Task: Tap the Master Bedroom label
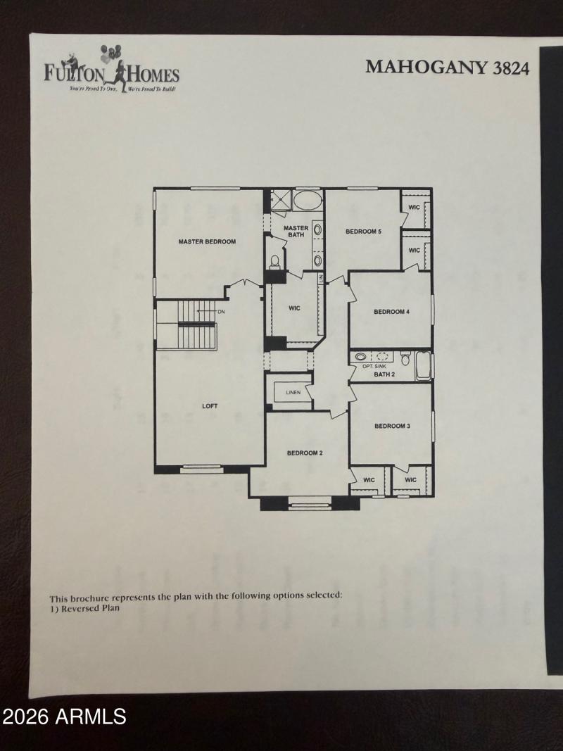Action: [207, 241]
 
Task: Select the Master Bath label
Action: [296, 232]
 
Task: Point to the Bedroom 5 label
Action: [363, 232]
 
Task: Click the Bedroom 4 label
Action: [391, 312]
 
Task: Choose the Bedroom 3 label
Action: [392, 426]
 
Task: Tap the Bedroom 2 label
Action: [305, 453]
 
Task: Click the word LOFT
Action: [210, 406]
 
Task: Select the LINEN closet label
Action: [293, 392]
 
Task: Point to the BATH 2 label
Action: [384, 374]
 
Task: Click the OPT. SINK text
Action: [374, 367]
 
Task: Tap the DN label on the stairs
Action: [221, 312]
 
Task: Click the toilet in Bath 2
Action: [405, 358]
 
